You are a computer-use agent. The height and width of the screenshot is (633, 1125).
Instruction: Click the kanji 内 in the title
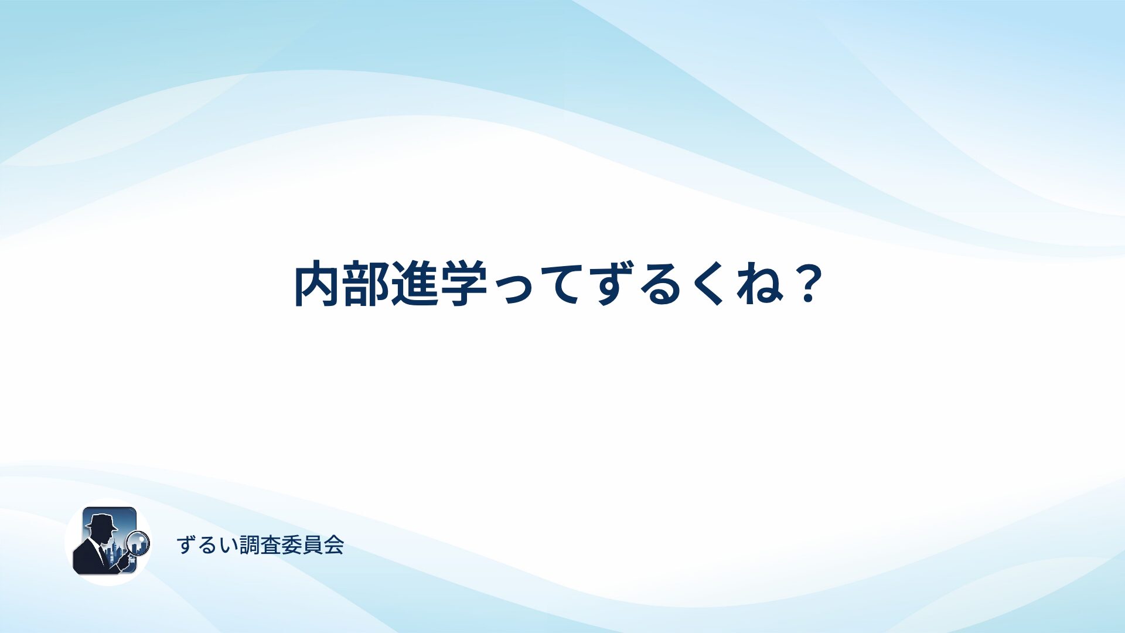(x=317, y=284)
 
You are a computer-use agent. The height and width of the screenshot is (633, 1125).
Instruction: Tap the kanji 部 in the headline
(x=366, y=284)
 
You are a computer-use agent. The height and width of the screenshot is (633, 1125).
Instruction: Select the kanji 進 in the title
(x=415, y=284)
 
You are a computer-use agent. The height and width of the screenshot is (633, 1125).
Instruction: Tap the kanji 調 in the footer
(x=250, y=546)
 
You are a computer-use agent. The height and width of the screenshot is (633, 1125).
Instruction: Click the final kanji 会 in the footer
(x=334, y=546)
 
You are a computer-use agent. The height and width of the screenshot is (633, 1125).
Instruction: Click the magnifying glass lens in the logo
(x=139, y=543)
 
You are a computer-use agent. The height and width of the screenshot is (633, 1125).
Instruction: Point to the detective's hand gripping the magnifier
(x=124, y=562)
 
